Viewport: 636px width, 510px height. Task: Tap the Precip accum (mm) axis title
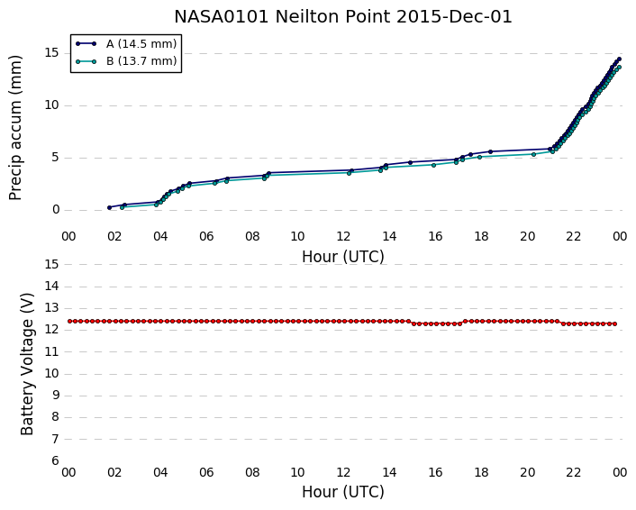coord(15,128)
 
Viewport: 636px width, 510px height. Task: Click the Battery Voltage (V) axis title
coord(27,364)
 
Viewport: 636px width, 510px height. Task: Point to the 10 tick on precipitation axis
coord(52,105)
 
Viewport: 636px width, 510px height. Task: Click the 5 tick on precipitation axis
coord(56,158)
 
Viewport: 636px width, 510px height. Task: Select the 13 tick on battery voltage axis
coord(52,308)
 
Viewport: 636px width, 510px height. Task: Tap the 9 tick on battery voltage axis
coord(56,396)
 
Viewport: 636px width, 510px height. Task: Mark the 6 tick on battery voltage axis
coord(56,461)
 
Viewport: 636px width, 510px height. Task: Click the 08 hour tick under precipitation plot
coord(252,236)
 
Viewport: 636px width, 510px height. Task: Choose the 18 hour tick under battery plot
coord(481,473)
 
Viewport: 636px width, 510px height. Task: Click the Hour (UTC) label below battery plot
coord(342,492)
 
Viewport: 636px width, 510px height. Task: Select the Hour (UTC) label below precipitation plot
coord(342,257)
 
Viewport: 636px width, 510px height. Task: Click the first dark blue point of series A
coord(109,208)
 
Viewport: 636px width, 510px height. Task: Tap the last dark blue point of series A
coord(619,59)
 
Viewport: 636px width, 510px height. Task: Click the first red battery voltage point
coord(69,322)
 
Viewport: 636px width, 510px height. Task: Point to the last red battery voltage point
coord(614,323)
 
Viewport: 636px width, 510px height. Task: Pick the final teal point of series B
coord(619,68)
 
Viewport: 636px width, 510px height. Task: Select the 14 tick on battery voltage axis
coord(52,286)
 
